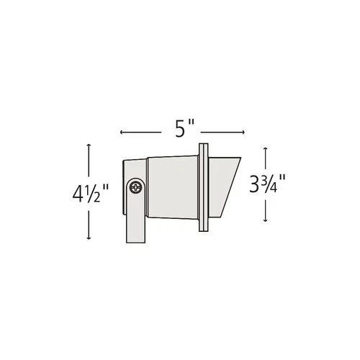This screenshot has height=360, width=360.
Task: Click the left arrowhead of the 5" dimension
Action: pyautogui.click(x=122, y=132)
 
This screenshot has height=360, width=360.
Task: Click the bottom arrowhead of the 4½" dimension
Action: pyautogui.click(x=89, y=238)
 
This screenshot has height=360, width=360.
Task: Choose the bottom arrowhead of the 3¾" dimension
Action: pyautogui.click(x=267, y=220)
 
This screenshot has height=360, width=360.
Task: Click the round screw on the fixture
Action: pyautogui.click(x=135, y=188)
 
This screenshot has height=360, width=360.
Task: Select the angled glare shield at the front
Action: pyautogui.click(x=224, y=184)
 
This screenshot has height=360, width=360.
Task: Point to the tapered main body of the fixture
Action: pyautogui.click(x=173, y=186)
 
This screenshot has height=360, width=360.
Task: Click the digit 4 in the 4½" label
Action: pyautogui.click(x=78, y=193)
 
